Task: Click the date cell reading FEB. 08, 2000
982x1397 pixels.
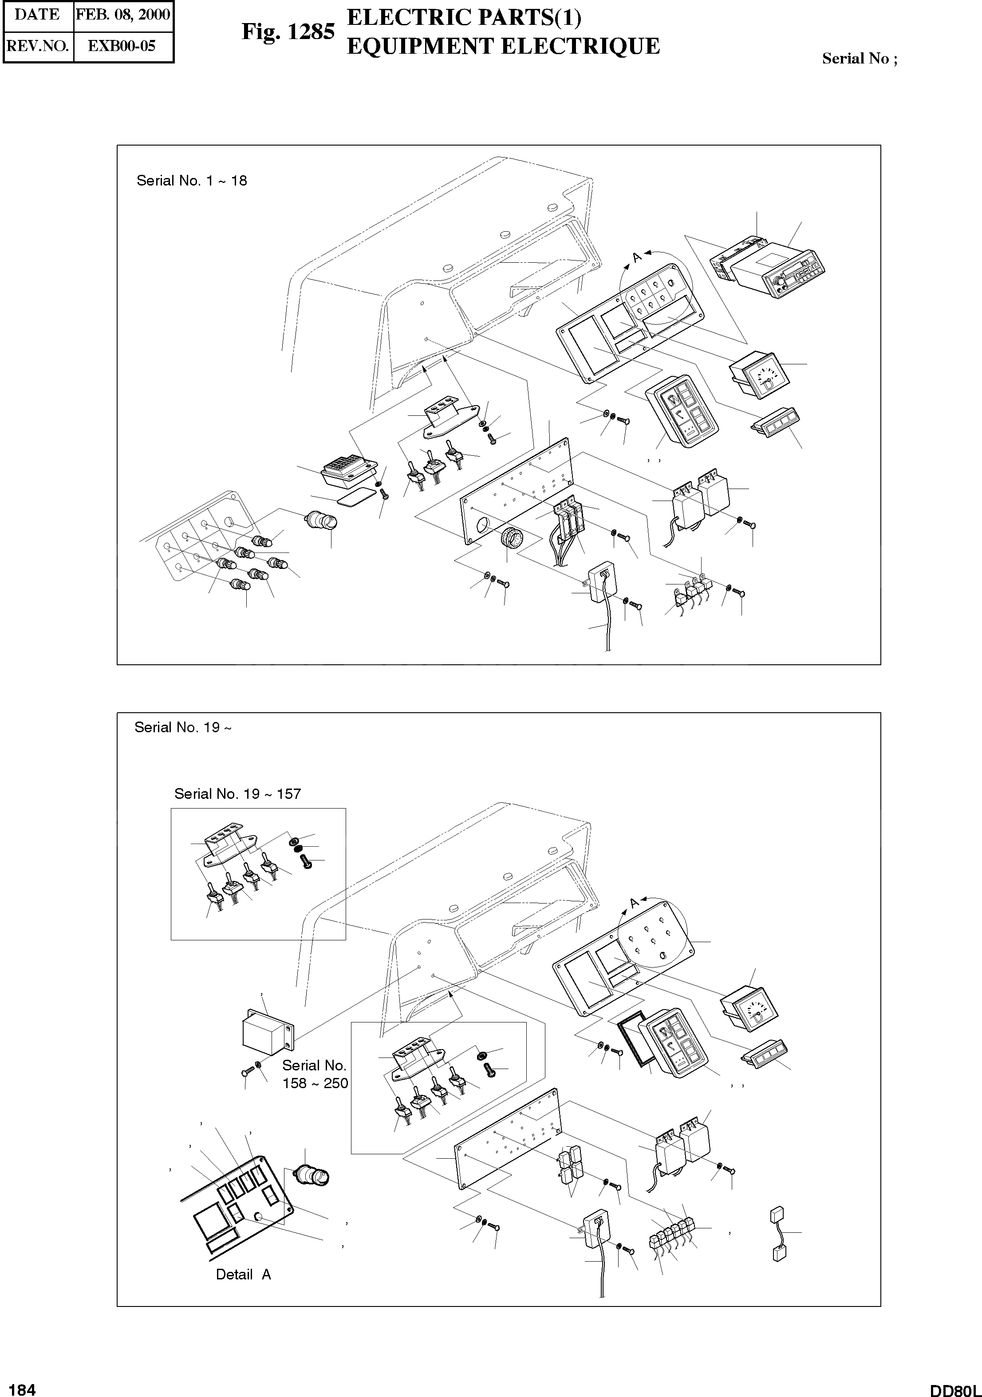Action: (123, 15)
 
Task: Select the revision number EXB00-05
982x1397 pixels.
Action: (122, 46)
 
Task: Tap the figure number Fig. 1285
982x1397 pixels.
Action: (288, 32)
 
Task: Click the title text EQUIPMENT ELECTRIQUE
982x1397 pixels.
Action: (503, 46)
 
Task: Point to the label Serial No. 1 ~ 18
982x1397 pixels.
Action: (192, 181)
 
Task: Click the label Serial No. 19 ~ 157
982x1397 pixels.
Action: (237, 793)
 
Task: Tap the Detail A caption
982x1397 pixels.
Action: (243, 1274)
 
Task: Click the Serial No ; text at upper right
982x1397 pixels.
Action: (859, 59)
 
